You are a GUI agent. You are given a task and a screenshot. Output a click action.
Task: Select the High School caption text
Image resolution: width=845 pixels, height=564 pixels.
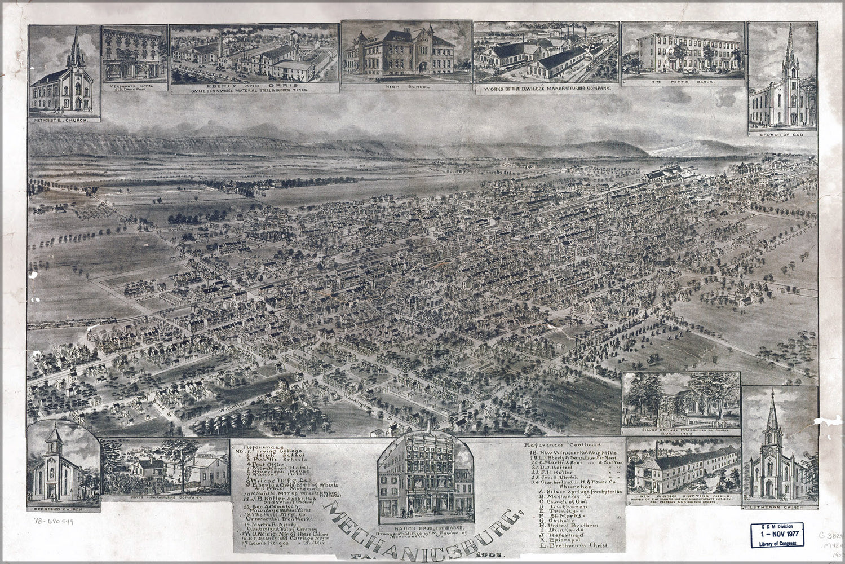(x=405, y=87)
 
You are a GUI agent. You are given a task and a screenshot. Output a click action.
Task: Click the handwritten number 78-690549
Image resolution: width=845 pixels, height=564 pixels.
(x=54, y=521)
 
